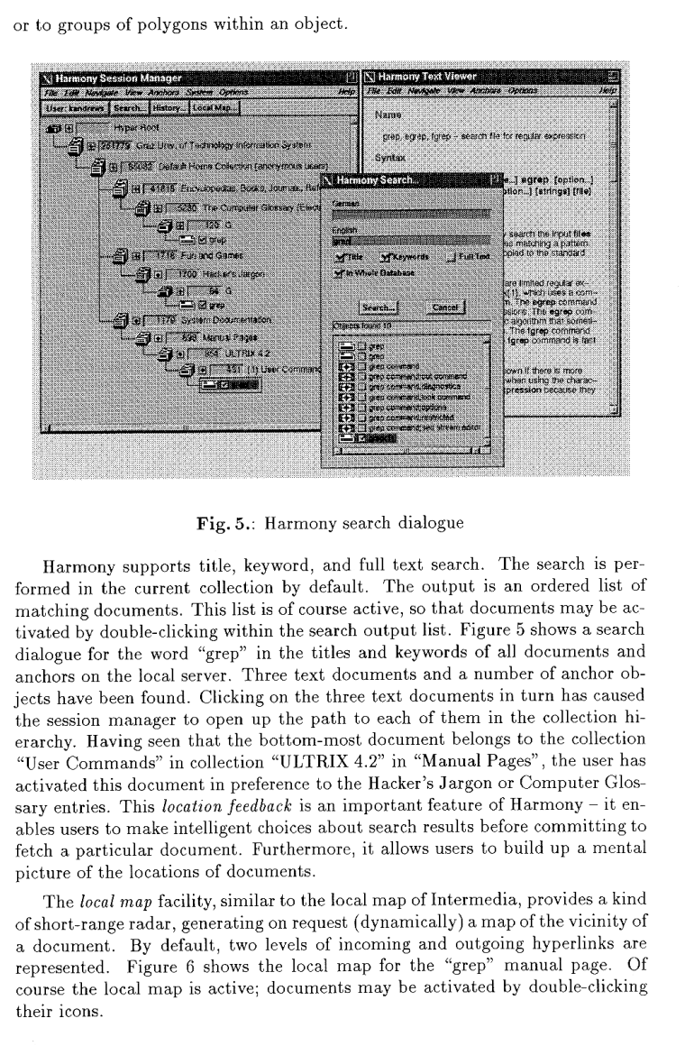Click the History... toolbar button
[167, 108]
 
